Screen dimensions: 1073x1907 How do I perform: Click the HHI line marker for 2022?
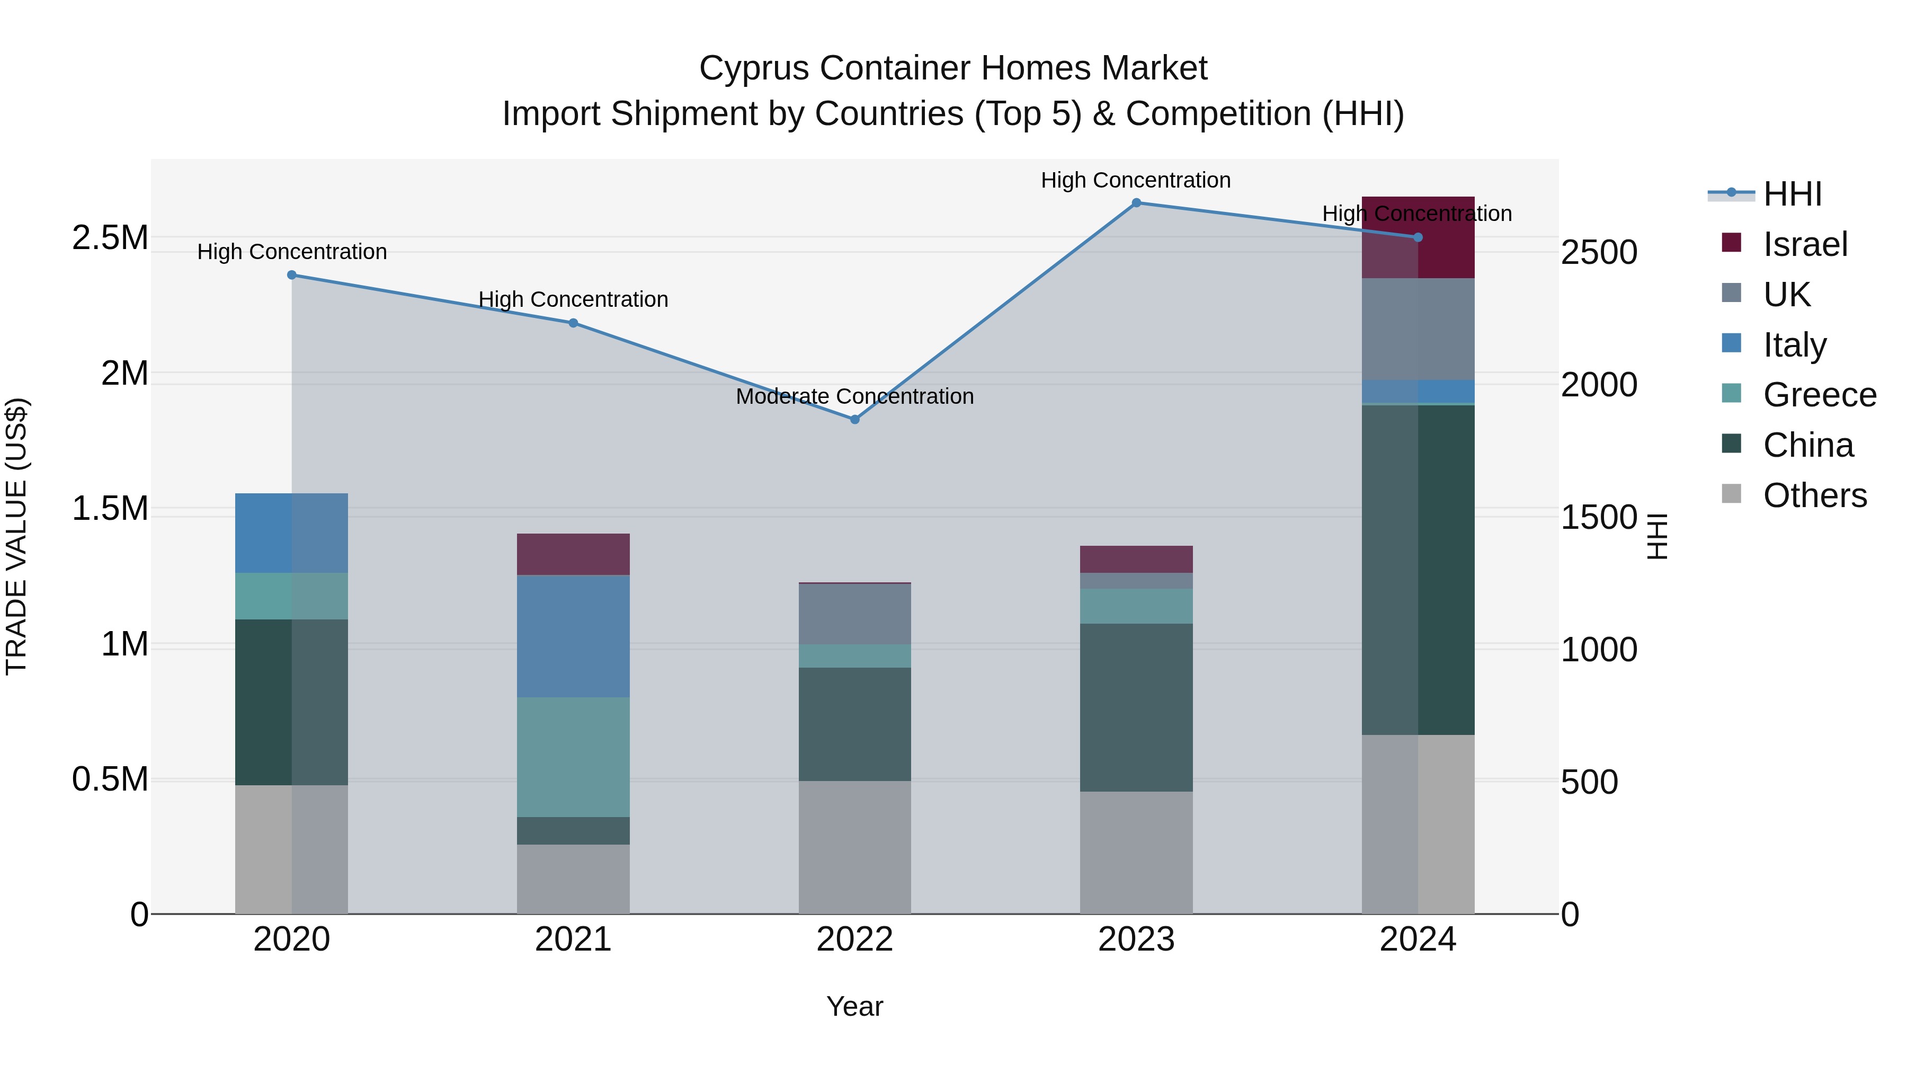[854, 419]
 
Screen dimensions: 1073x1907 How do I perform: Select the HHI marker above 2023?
[1136, 202]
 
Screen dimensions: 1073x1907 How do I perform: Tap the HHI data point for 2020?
[292, 274]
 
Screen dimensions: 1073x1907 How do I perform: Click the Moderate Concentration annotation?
[854, 396]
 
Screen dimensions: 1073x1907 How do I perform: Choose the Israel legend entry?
[1804, 244]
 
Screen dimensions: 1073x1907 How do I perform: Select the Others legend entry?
[1814, 495]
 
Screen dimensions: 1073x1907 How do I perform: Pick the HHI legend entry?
[1792, 194]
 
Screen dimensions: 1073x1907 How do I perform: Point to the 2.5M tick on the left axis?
[110, 238]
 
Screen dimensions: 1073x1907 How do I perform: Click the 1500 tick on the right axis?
[1599, 517]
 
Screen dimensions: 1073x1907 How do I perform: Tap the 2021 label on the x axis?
[573, 939]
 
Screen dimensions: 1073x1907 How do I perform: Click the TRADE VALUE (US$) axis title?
[16, 536]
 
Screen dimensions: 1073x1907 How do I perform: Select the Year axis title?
[854, 1006]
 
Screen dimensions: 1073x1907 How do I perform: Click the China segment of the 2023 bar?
[1136, 707]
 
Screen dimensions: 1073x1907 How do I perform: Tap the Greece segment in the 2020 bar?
[292, 596]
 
